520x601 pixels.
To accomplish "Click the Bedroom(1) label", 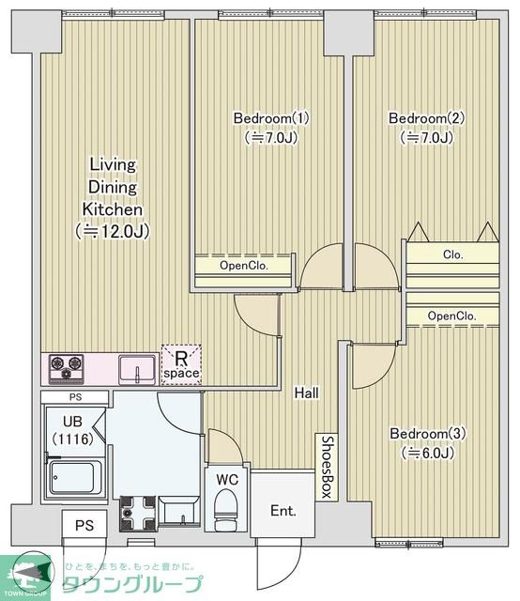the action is click(x=271, y=118).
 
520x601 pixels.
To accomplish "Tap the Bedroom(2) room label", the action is click(x=426, y=118).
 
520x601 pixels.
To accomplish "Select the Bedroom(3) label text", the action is click(x=428, y=434).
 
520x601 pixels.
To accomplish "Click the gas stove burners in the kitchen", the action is click(x=67, y=367).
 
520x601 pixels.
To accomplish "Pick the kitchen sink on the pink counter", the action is click(x=137, y=369).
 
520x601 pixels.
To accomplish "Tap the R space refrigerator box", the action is click(x=181, y=365).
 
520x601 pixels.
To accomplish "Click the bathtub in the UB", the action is click(x=75, y=478).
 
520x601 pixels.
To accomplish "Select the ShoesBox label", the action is click(x=327, y=467).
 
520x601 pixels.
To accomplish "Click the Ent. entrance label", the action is click(x=283, y=511).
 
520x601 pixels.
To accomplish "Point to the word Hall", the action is click(x=307, y=393).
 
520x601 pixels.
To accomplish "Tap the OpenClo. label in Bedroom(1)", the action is click(x=244, y=265).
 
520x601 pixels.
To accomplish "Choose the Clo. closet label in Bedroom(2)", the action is click(x=453, y=254).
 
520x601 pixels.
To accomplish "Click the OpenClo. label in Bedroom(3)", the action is click(x=452, y=316).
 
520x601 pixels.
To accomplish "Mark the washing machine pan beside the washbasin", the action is click(x=138, y=514).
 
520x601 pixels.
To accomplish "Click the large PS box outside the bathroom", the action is click(x=84, y=524).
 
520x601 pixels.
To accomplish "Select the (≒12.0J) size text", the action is click(x=113, y=231).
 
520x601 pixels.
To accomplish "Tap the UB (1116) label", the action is click(x=73, y=430).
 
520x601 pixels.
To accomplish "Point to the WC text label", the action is click(x=227, y=479).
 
